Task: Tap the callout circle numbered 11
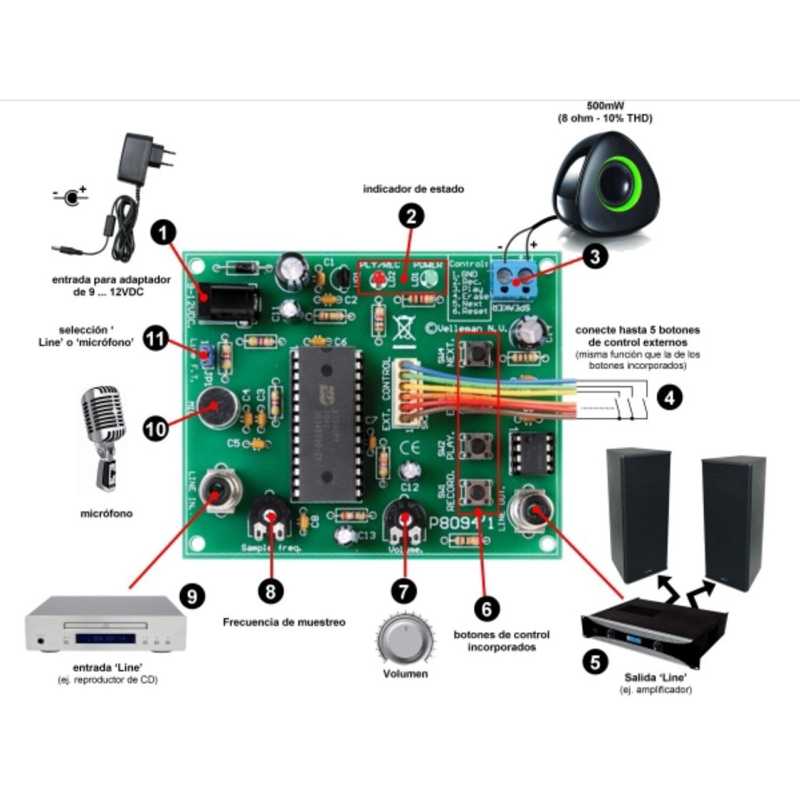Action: [x=156, y=340]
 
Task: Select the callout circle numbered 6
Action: [x=486, y=608]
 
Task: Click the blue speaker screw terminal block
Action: [x=514, y=279]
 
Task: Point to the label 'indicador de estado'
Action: [x=413, y=189]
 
